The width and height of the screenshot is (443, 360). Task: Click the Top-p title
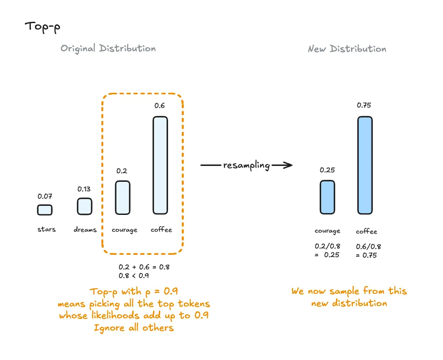(42, 26)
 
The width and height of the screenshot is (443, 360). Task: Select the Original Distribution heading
(108, 49)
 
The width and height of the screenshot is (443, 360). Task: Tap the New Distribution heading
(347, 49)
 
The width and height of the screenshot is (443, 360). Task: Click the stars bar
(44, 210)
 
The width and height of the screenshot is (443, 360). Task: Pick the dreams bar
(84, 206)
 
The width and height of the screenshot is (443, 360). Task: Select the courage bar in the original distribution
(122, 197)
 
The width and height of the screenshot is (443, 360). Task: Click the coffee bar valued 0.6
(160, 165)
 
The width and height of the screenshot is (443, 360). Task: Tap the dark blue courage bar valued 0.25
(327, 197)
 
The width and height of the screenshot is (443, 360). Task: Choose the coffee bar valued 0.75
(365, 165)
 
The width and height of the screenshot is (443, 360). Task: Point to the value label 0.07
(45, 196)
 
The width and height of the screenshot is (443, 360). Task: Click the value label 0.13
(84, 189)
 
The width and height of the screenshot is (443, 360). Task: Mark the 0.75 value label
(365, 105)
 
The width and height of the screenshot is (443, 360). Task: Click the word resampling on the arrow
(246, 165)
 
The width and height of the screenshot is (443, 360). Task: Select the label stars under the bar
(47, 229)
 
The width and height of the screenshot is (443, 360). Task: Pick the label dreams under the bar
(85, 230)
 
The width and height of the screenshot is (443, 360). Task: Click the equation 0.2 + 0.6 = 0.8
(144, 267)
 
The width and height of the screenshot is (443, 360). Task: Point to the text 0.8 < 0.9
(134, 276)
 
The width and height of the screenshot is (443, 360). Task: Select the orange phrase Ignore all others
(134, 327)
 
